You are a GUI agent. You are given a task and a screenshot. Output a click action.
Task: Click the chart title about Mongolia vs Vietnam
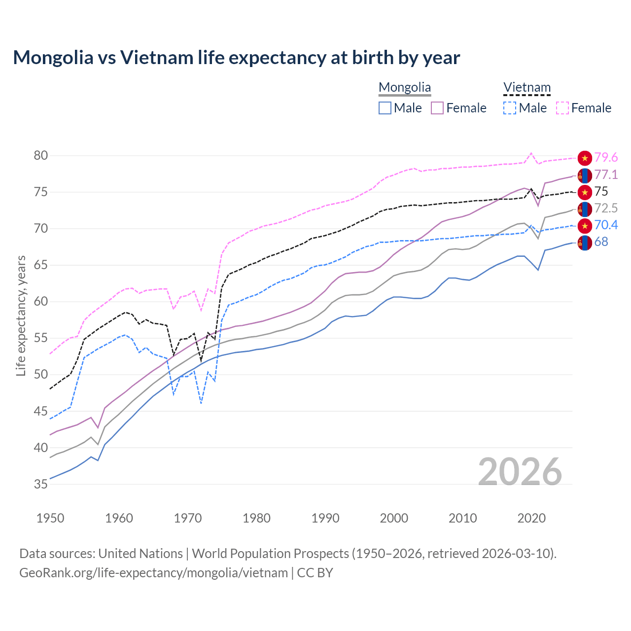[236, 58]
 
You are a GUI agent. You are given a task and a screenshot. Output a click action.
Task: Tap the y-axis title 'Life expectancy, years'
[21, 315]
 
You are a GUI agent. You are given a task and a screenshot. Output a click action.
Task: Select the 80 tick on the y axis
[41, 156]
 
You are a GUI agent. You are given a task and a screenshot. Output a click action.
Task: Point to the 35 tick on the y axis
[41, 485]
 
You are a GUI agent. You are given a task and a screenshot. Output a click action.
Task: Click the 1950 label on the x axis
[50, 518]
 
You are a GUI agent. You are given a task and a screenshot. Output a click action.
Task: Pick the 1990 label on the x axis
[325, 518]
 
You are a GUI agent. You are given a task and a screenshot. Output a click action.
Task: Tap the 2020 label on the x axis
[531, 518]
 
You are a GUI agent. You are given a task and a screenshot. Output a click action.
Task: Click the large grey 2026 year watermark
[520, 472]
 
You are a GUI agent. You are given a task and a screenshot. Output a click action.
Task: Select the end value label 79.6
[606, 158]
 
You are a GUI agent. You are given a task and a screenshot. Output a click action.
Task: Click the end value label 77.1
[606, 175]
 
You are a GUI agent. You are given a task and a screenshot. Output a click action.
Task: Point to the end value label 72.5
[606, 209]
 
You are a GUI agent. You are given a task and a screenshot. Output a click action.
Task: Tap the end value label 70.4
[606, 225]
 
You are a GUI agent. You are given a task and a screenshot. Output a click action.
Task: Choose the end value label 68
[601, 242]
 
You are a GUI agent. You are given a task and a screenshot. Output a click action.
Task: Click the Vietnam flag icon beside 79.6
[585, 158]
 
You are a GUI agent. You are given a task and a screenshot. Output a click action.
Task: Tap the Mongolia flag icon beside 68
[585, 243]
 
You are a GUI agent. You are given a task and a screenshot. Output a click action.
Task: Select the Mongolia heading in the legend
[405, 88]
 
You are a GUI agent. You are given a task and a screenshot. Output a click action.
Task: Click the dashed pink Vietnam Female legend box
[562, 108]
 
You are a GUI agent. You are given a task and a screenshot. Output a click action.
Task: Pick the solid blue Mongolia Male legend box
[385, 108]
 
